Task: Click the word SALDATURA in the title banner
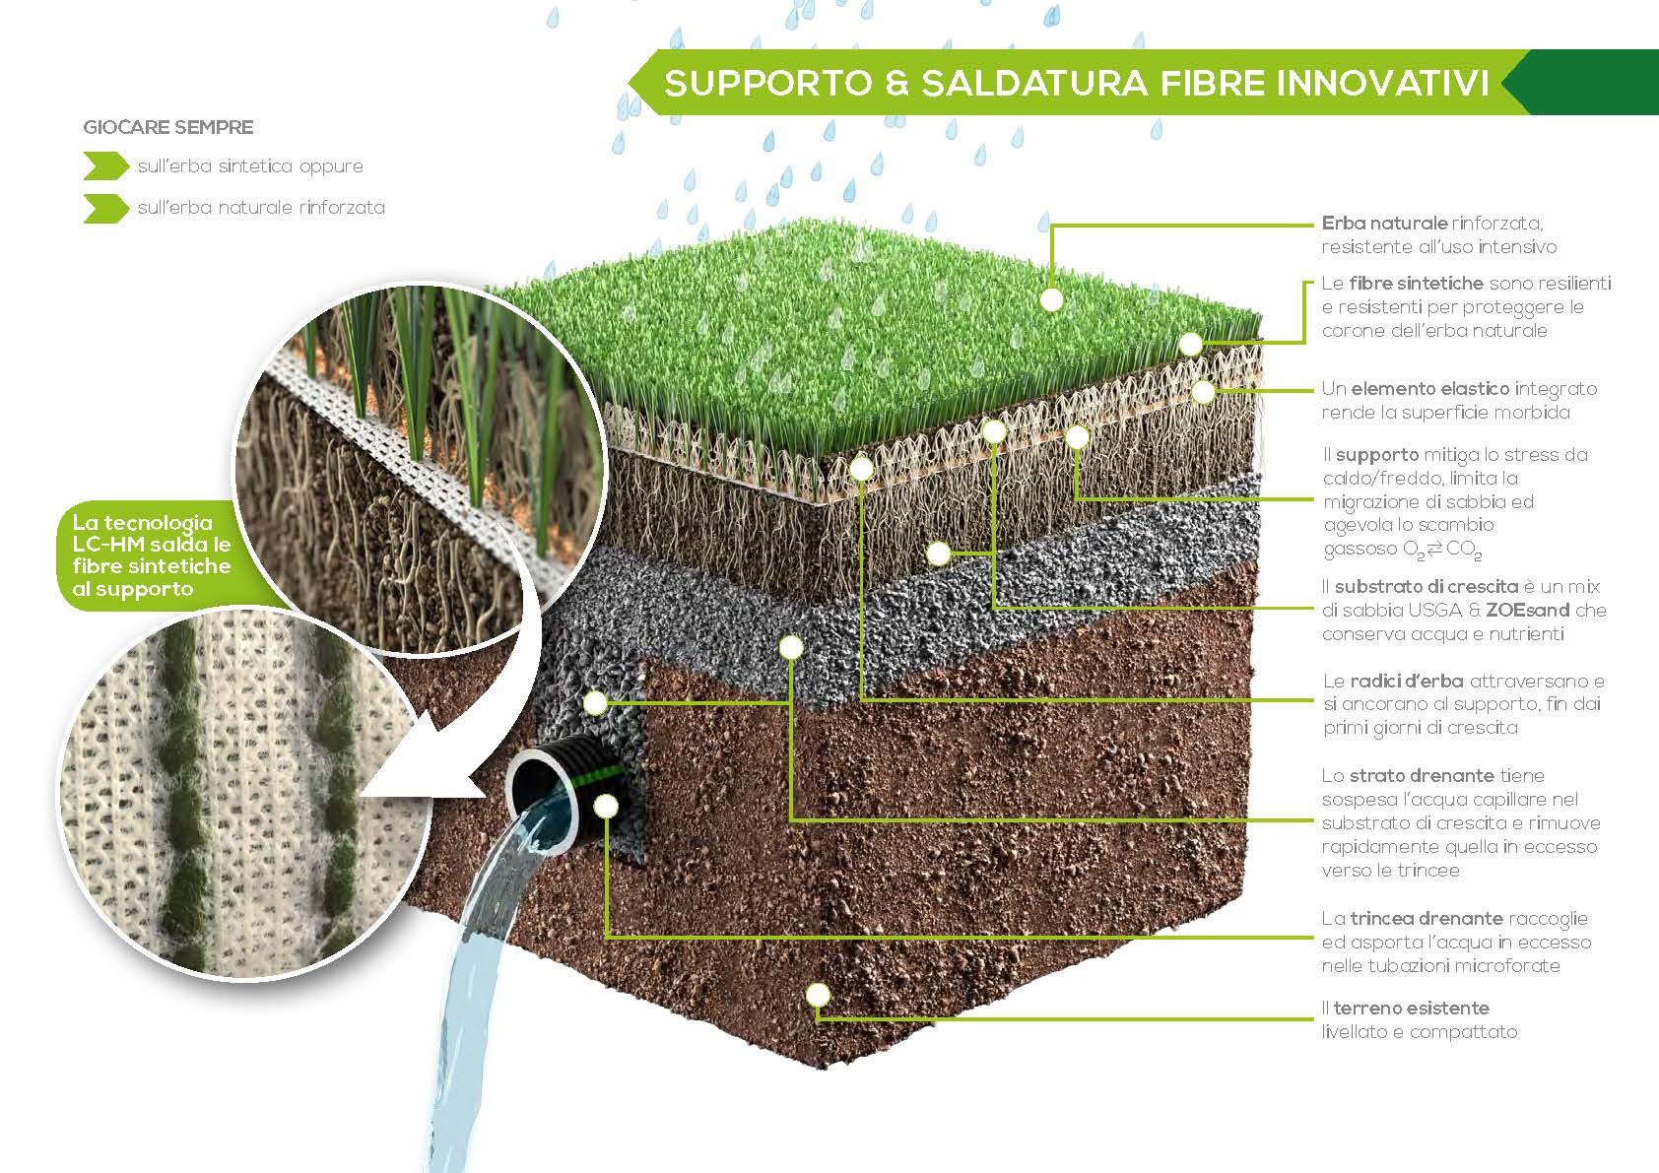point(1034,83)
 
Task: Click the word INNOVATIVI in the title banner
point(1383,83)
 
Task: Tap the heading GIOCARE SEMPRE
point(168,127)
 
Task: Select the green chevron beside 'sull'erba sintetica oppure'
point(105,166)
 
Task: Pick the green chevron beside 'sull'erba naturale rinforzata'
point(105,208)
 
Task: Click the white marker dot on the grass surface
point(1052,299)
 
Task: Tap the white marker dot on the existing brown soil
point(818,995)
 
